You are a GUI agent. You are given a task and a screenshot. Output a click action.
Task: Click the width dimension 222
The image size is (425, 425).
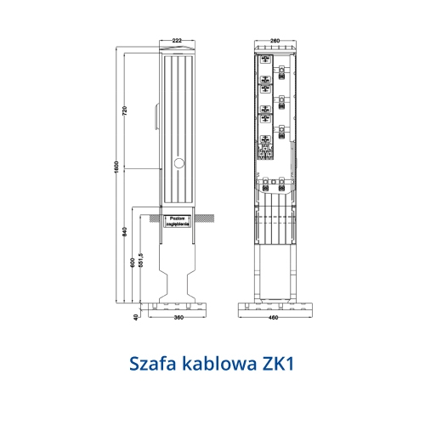click(x=177, y=39)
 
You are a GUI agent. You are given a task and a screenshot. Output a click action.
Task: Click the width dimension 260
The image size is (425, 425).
click(x=274, y=39)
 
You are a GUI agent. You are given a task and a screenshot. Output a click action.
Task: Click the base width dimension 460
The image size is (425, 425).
click(x=274, y=319)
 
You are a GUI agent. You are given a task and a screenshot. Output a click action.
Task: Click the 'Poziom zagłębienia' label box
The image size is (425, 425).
click(x=178, y=221)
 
